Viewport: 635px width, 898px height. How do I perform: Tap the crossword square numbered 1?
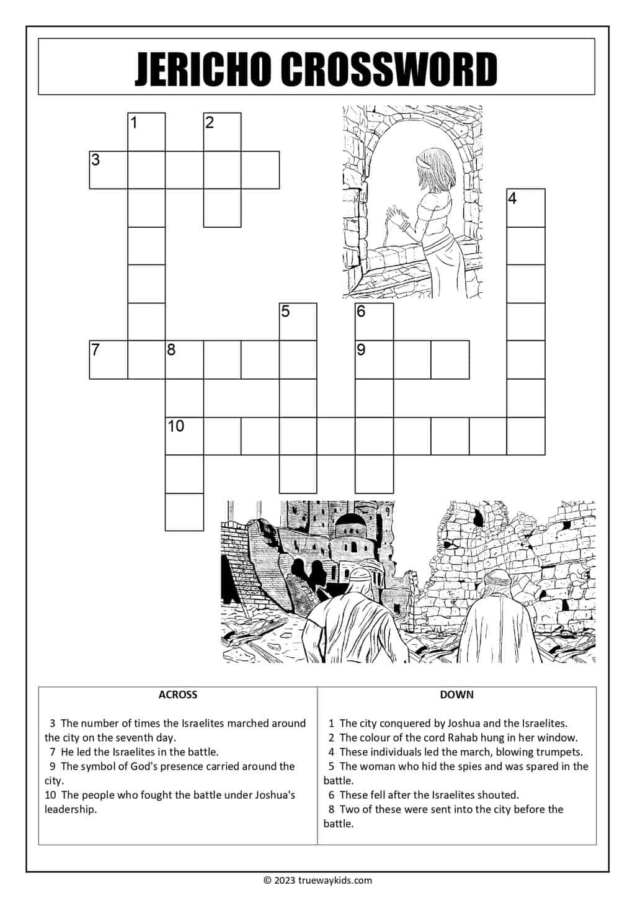tap(146, 132)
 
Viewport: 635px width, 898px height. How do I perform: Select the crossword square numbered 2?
tap(222, 132)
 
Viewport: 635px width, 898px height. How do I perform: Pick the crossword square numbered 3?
tap(109, 169)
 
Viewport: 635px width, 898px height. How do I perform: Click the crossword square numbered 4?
tap(526, 208)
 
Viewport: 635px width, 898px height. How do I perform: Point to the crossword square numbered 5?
tap(298, 321)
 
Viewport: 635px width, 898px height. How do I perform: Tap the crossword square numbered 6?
tap(374, 321)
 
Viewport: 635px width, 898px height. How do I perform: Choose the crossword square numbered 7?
tap(109, 360)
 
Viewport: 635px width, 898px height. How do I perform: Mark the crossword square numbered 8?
tap(184, 360)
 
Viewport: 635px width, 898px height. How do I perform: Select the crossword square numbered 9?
tap(374, 360)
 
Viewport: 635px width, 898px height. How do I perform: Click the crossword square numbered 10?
tap(184, 436)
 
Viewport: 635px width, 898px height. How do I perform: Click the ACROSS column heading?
tap(178, 694)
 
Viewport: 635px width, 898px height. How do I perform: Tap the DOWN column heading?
tap(456, 694)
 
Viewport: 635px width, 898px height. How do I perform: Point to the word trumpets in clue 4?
tap(561, 752)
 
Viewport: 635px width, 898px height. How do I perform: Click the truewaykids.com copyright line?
tap(317, 880)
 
